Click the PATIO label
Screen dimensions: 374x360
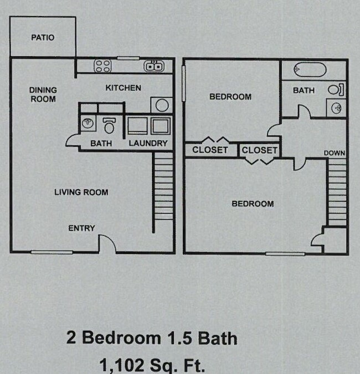(x=43, y=38)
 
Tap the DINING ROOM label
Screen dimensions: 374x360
(x=43, y=95)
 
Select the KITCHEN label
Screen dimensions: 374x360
(x=123, y=87)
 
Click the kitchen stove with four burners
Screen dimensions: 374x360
(x=102, y=66)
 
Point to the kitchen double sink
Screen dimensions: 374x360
(x=153, y=66)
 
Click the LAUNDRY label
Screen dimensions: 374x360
(x=148, y=143)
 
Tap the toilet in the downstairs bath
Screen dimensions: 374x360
(x=109, y=125)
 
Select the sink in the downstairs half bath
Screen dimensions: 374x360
(x=88, y=123)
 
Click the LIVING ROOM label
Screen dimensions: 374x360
(x=81, y=192)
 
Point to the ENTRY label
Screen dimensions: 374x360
(x=81, y=228)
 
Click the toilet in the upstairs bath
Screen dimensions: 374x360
(x=336, y=89)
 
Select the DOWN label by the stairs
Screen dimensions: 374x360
(x=335, y=153)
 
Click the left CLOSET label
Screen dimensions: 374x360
(x=210, y=150)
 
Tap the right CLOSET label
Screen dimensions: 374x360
(x=259, y=150)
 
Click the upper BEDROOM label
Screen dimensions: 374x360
(x=230, y=97)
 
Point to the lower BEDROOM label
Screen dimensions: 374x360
(x=252, y=204)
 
